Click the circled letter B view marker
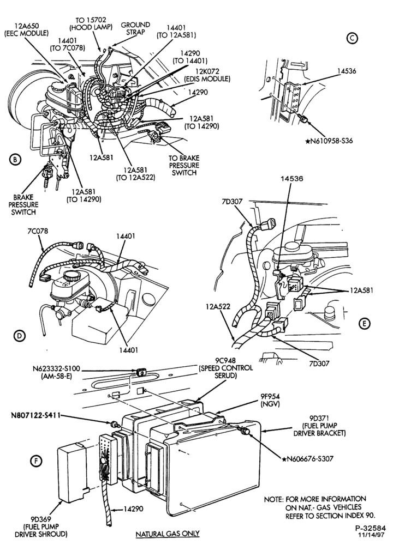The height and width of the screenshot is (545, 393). [x=15, y=160]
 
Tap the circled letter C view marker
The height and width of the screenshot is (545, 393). [x=352, y=39]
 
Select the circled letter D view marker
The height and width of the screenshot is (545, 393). [x=20, y=335]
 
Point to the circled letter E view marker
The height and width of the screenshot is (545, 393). [x=364, y=324]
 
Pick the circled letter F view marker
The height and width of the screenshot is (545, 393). [x=36, y=461]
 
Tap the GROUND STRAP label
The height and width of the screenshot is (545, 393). [x=135, y=28]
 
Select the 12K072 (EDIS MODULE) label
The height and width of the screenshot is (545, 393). [x=207, y=75]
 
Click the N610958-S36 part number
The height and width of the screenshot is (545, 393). [x=329, y=141]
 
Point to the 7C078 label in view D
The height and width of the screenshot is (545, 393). [x=38, y=231]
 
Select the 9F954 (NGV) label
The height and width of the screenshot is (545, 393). [x=270, y=399]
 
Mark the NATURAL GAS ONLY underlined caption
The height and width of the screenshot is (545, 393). [x=168, y=534]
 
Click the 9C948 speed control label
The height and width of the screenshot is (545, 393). [x=225, y=372]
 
